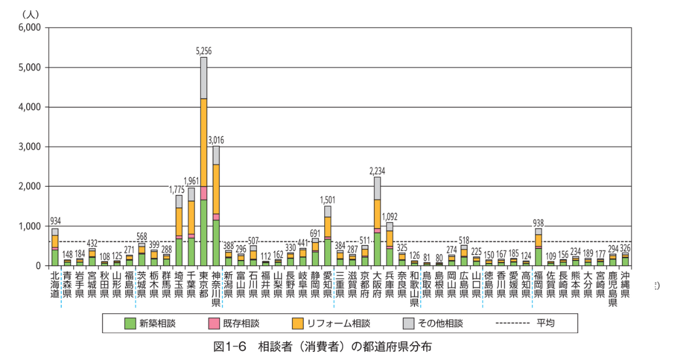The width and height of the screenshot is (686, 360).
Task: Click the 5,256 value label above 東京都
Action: (x=204, y=51)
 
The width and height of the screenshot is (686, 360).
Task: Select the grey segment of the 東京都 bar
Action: (x=204, y=78)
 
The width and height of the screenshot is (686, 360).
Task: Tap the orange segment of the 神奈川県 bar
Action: (x=216, y=189)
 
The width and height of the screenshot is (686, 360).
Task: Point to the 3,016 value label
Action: (x=216, y=140)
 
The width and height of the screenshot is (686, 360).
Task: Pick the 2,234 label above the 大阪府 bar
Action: (x=377, y=171)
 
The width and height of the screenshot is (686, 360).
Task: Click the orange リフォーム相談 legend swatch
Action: (x=297, y=323)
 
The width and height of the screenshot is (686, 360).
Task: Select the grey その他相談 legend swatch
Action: (x=407, y=323)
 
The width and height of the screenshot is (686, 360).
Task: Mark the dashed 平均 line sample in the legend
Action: (x=512, y=323)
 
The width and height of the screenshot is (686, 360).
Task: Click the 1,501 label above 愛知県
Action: (x=328, y=200)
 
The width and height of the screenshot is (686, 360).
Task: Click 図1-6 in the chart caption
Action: (x=230, y=346)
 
